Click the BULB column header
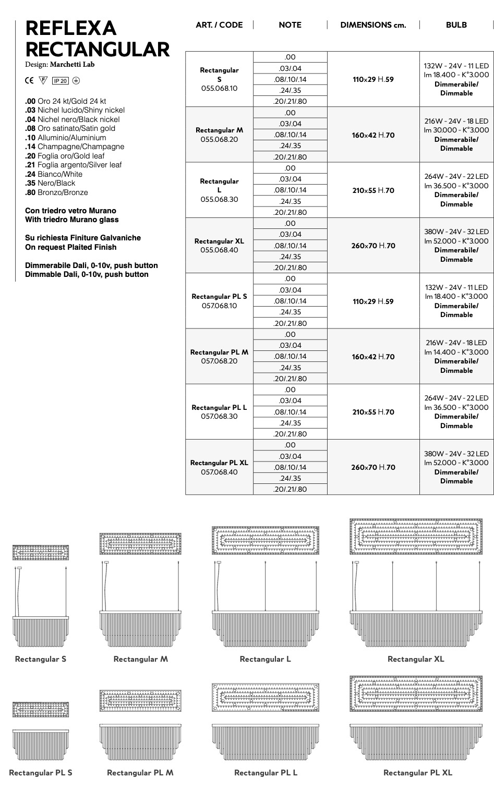(x=456, y=25)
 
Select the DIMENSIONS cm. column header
(x=373, y=25)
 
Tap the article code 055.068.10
(x=219, y=89)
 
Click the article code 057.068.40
(x=219, y=472)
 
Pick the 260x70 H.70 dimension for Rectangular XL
(x=373, y=246)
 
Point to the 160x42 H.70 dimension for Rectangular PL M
(x=373, y=357)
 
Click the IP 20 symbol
(x=60, y=81)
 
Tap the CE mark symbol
(x=29, y=81)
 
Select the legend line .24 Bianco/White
(x=54, y=174)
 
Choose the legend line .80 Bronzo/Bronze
(x=56, y=192)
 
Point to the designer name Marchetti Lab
(x=72, y=65)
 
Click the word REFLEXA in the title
(x=70, y=28)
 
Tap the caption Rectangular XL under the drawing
(x=416, y=659)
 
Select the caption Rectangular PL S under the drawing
(x=41, y=773)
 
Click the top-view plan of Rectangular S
(x=41, y=552)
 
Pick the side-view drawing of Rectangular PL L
(x=266, y=743)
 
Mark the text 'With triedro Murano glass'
(x=72, y=220)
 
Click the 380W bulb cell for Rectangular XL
(x=456, y=246)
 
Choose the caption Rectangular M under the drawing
(x=141, y=659)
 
